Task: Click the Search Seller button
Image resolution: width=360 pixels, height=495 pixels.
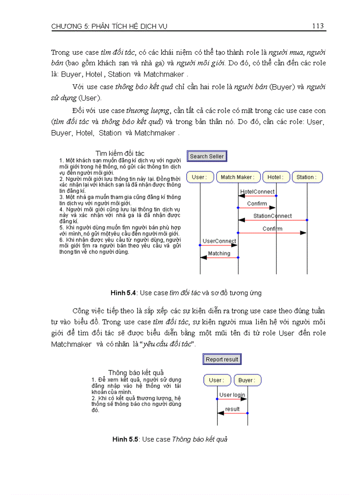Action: pos(206,156)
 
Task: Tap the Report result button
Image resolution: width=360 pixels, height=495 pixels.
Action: pos(222,359)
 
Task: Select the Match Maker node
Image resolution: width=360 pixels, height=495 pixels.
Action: pos(237,177)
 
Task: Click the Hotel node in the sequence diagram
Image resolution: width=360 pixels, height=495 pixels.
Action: pos(276,177)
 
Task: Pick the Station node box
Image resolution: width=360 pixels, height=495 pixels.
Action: pos(307,177)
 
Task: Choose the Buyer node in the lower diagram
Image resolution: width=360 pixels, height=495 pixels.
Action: pos(247,380)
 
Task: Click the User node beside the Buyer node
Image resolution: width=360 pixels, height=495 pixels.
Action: pos(216,380)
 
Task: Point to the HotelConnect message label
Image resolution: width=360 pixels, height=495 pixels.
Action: pos(257,192)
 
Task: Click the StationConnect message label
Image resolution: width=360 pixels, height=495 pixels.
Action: pos(272,216)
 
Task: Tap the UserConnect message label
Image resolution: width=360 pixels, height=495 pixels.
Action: pos(219,241)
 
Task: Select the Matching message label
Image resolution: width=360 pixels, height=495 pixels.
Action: pos(219,253)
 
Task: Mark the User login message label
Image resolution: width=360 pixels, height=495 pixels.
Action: pos(232,395)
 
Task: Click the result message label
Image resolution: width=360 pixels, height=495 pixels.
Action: pos(232,409)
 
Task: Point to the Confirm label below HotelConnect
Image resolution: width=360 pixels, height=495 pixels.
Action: pos(257,204)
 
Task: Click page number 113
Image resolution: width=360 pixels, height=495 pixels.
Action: pos(318,26)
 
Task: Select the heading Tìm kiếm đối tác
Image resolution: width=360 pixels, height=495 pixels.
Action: pos(120,153)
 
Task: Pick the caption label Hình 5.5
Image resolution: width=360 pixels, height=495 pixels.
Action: pos(126,439)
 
